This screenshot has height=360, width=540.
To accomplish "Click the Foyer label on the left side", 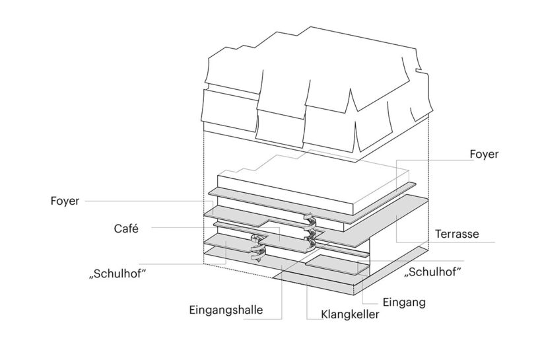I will [x=65, y=200].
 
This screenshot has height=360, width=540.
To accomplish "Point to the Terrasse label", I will [x=457, y=234].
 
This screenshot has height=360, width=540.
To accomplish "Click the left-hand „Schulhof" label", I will [x=117, y=273].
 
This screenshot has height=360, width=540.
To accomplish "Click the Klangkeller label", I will [x=351, y=314].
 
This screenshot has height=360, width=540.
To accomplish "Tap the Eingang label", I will [x=403, y=303].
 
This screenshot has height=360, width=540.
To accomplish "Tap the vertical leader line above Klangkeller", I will [x=308, y=297].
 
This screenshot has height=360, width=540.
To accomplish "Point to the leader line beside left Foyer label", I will [x=145, y=200].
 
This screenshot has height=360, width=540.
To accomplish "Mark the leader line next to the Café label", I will [x=198, y=228].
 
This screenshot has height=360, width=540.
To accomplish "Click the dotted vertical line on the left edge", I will [x=204, y=198].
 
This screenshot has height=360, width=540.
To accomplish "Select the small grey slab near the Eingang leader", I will [x=330, y=264].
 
